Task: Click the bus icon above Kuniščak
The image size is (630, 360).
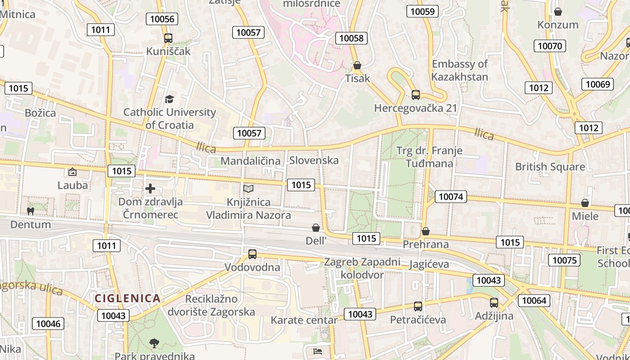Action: pyautogui.click(x=168, y=38)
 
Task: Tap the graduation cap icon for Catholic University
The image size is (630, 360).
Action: pyautogui.click(x=170, y=99)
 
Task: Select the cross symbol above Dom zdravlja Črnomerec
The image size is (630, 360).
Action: pyautogui.click(x=150, y=189)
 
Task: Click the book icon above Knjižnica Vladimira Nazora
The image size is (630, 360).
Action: pyautogui.click(x=248, y=189)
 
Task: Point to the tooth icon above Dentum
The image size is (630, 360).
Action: pyautogui.click(x=31, y=211)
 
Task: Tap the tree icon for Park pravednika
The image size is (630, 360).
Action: pyautogui.click(x=154, y=343)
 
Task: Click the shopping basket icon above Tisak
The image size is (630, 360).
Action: pyautogui.click(x=357, y=66)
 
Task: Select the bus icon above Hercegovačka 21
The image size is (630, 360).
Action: pyautogui.click(x=416, y=95)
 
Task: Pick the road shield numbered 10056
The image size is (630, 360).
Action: pyautogui.click(x=162, y=18)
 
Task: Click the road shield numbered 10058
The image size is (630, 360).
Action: pyautogui.click(x=351, y=38)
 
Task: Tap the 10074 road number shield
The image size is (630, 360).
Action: pyautogui.click(x=450, y=196)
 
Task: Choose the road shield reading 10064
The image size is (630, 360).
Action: pyautogui.click(x=534, y=300)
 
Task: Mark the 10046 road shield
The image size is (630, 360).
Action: pyautogui.click(x=48, y=324)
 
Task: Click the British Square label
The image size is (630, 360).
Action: pyautogui.click(x=550, y=167)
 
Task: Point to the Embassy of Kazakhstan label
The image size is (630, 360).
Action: pyautogui.click(x=459, y=70)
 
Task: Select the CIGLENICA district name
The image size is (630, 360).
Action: pyautogui.click(x=127, y=298)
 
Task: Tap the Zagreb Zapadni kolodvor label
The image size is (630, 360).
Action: pyautogui.click(x=362, y=268)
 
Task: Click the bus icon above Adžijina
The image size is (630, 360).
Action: pyautogui.click(x=494, y=303)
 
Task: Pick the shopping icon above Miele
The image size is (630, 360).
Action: pyautogui.click(x=585, y=203)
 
